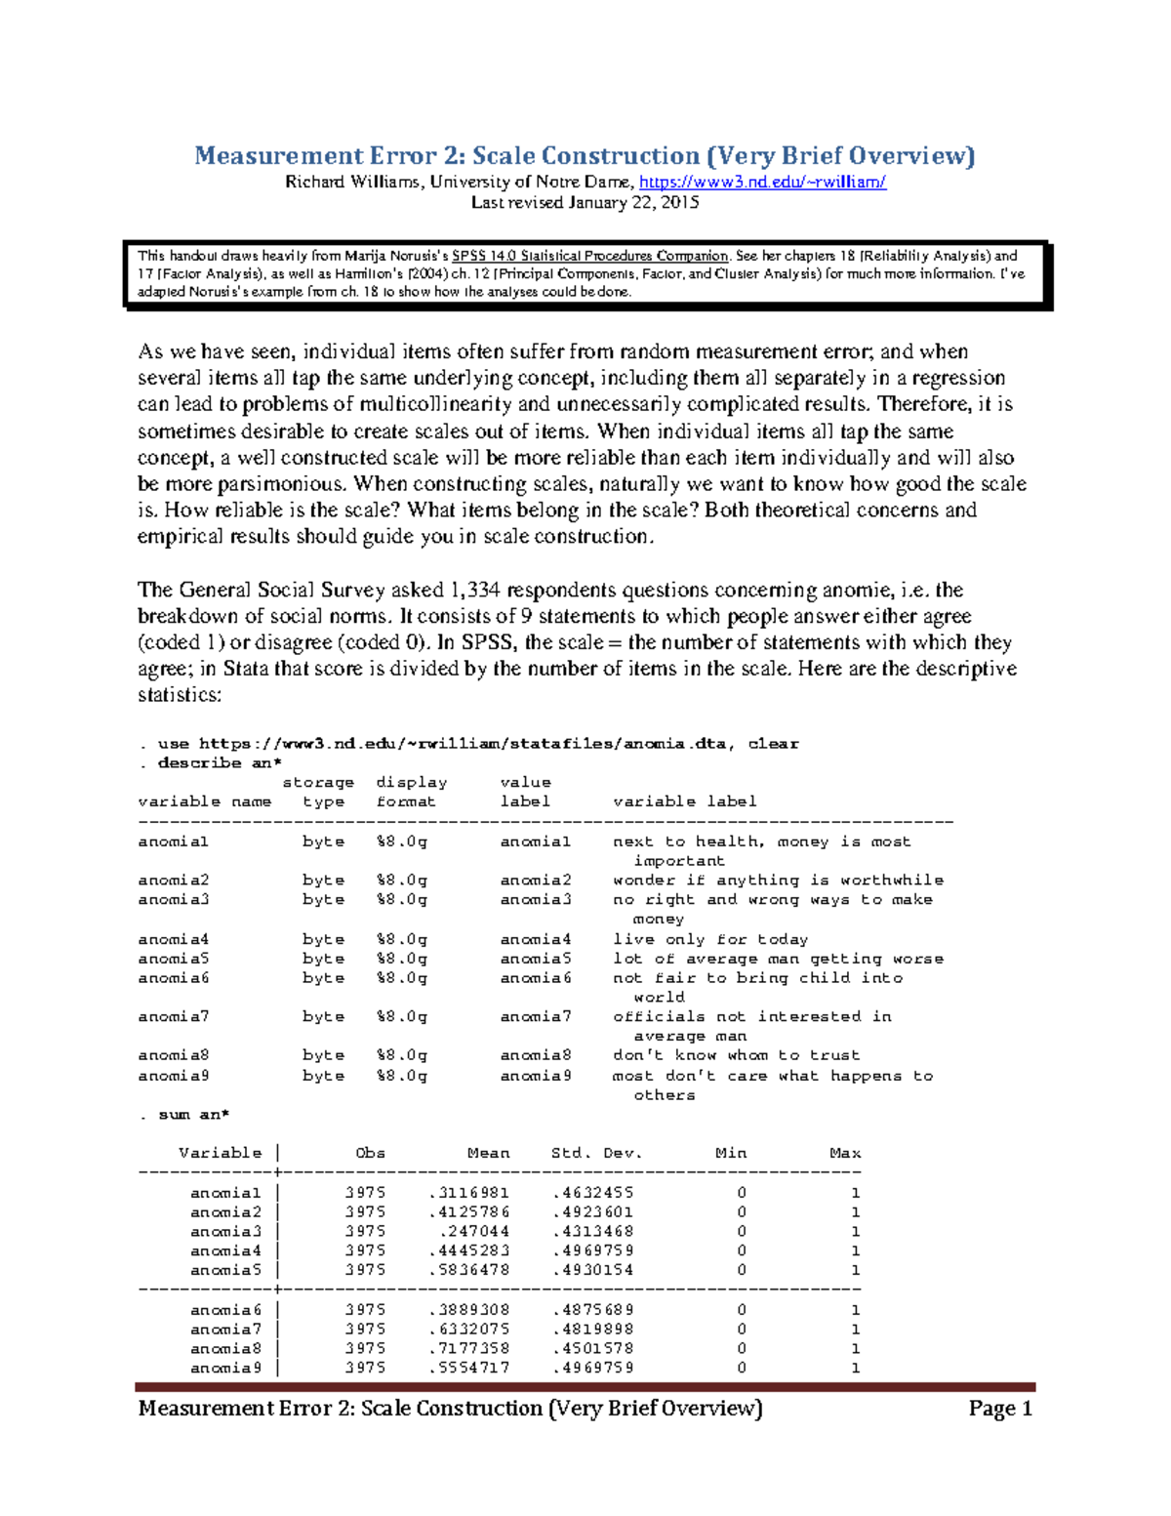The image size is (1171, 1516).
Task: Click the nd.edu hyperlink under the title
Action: pos(762,182)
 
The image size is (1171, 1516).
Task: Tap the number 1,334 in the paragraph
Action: pos(474,590)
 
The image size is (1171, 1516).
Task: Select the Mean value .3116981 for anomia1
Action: pos(468,1193)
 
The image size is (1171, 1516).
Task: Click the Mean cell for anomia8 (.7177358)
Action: pos(468,1349)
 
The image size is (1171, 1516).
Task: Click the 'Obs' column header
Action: pos(370,1153)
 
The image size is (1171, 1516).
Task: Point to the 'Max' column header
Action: pos(845,1153)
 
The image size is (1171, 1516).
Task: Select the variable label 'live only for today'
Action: pos(710,939)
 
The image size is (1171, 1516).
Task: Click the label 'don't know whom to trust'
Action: pos(736,1055)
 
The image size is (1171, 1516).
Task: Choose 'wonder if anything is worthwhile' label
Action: pos(778,881)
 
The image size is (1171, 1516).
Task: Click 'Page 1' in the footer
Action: pos(1000,1409)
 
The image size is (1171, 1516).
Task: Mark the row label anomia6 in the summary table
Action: pos(225,1310)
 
